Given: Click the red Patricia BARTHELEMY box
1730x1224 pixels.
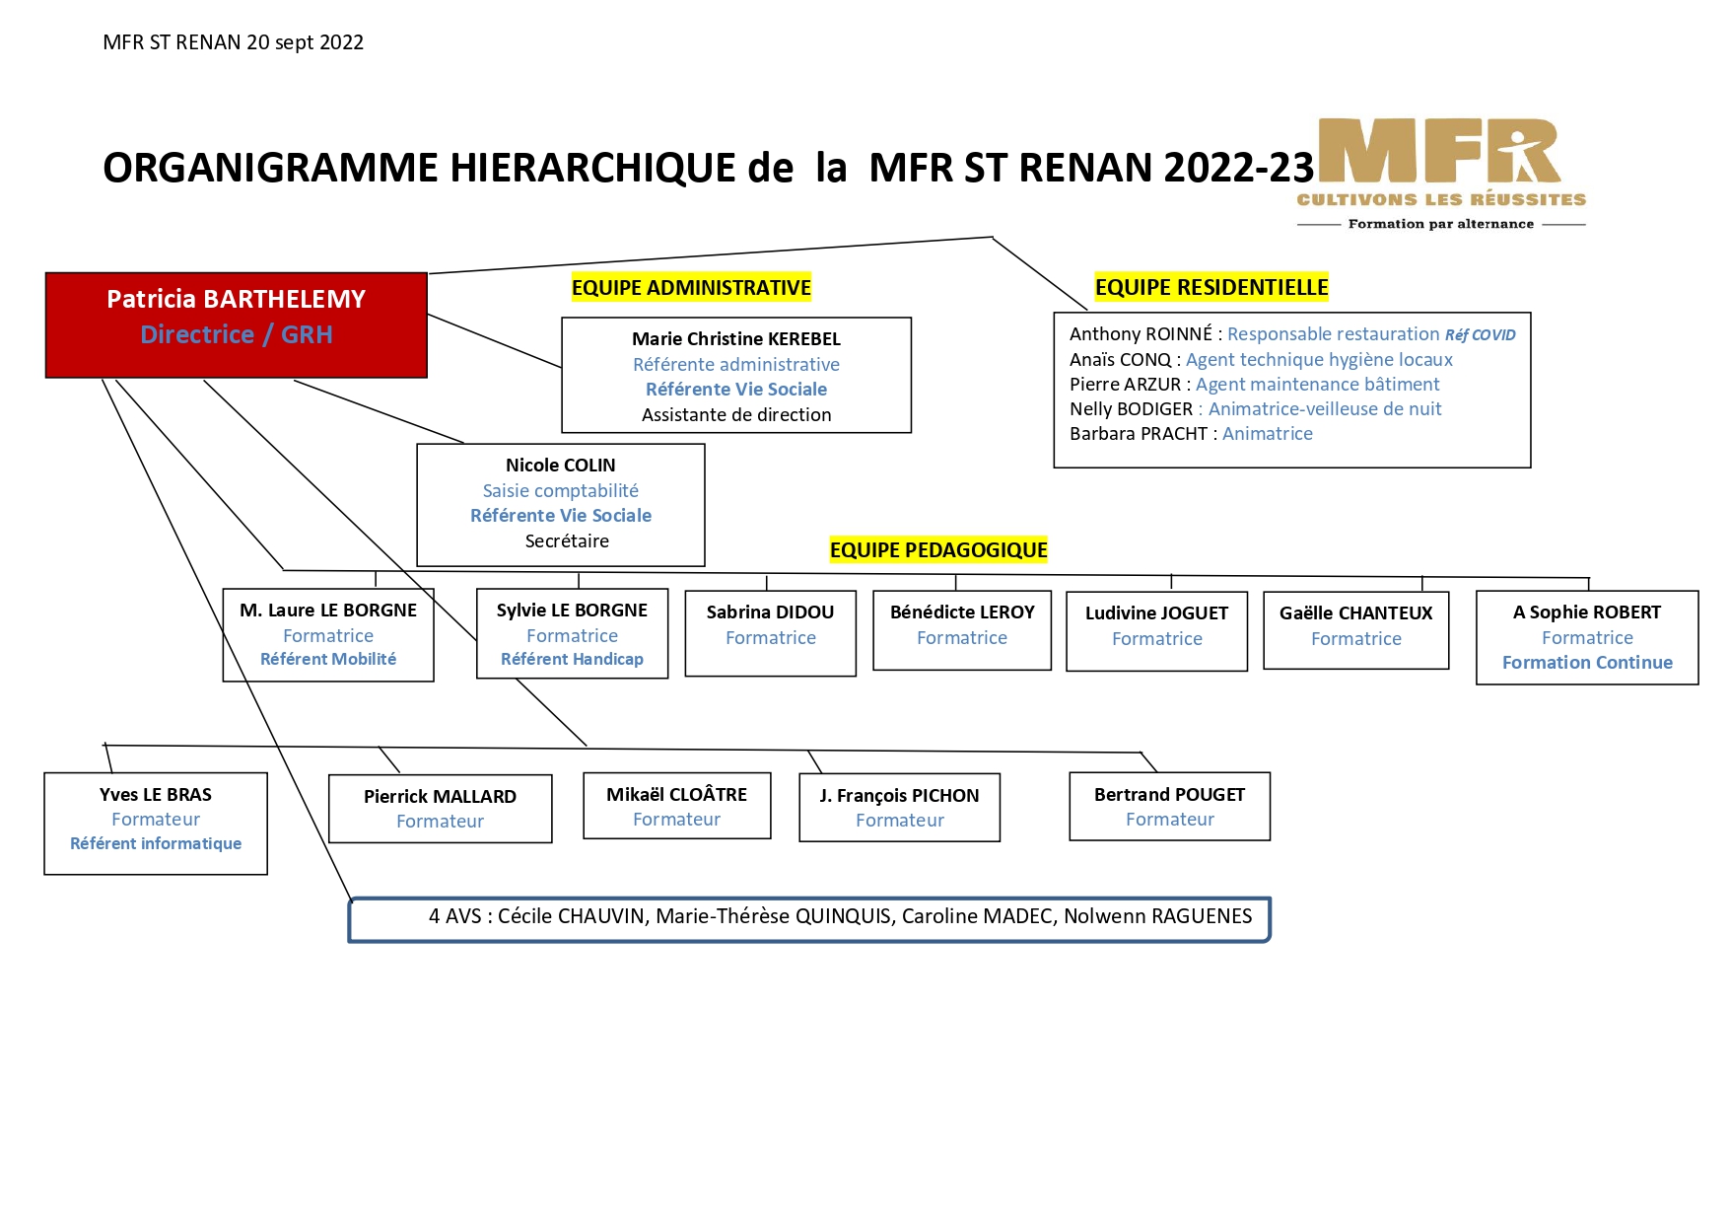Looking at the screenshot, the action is click(237, 325).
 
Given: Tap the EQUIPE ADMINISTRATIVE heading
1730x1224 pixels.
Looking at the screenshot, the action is click(691, 287).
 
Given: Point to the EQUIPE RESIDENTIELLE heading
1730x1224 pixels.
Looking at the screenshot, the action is click(1211, 287).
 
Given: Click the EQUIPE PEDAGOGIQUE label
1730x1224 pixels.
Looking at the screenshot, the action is click(938, 550).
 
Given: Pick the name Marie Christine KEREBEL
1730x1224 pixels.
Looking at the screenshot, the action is click(736, 338).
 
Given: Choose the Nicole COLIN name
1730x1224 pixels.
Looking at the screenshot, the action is click(560, 465).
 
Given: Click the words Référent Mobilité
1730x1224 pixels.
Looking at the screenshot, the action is click(328, 659).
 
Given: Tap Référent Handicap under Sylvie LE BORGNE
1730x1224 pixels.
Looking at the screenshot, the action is click(572, 659).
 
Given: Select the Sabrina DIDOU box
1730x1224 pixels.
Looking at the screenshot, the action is click(771, 633).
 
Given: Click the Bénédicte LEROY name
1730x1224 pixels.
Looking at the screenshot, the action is click(962, 612).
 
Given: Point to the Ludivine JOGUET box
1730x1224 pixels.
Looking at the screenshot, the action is click(1157, 631).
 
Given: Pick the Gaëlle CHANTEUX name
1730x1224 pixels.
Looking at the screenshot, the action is click(1355, 612).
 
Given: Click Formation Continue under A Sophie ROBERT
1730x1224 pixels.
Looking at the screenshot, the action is click(1587, 663).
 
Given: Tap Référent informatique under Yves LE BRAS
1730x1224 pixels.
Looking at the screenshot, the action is click(156, 843).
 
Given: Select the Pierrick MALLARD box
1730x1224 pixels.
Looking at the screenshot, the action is click(441, 809).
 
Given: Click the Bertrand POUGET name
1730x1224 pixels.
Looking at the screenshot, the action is click(1169, 795).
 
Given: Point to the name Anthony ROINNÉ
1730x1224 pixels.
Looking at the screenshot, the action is click(1141, 334).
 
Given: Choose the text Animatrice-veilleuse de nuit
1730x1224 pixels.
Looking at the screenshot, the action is click(1325, 409).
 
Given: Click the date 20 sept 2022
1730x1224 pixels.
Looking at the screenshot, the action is click(306, 42).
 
